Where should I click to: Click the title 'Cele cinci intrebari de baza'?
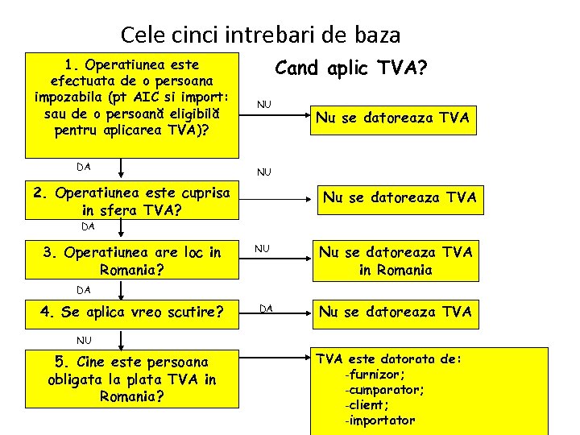coord(260,35)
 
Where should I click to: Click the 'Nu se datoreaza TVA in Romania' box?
coord(396,260)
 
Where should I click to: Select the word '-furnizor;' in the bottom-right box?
coord(375,375)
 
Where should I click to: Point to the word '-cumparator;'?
coord(384,390)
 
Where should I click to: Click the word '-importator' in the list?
coord(379,420)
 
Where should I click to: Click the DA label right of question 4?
coord(266,308)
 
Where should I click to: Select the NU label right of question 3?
coord(263,249)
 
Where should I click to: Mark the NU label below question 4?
coord(85,339)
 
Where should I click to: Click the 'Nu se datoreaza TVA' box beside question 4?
coord(396,311)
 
